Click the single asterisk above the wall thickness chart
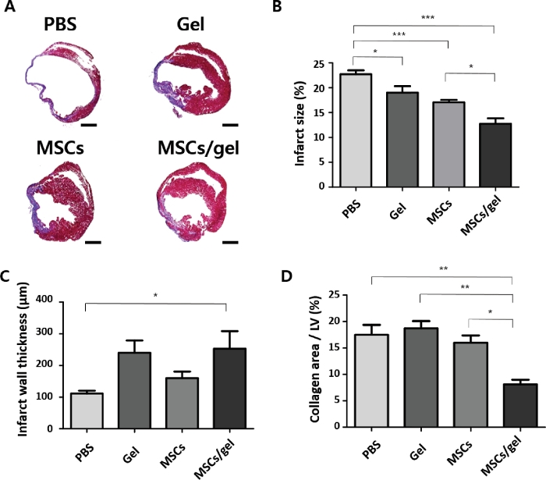click(x=156, y=294)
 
